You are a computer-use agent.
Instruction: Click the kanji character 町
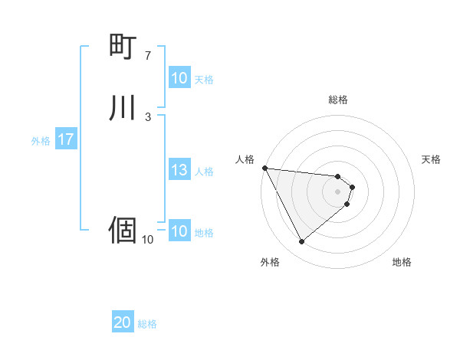[123, 47]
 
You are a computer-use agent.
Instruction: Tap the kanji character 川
[123, 107]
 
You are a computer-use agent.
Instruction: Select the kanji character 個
[123, 229]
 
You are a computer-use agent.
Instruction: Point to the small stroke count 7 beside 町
[148, 56]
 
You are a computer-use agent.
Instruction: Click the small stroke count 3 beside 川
[148, 116]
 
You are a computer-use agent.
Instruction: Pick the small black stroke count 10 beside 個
[147, 239]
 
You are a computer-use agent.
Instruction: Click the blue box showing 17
[65, 140]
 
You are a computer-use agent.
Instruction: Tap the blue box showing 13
[179, 171]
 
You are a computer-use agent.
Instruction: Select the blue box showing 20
[123, 323]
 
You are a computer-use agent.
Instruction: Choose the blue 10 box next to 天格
[179, 79]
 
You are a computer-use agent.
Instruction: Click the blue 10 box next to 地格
[179, 232]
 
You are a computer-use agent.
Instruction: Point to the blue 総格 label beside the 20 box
[147, 324]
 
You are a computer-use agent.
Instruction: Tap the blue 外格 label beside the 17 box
[41, 141]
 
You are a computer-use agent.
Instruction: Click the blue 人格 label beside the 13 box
[205, 172]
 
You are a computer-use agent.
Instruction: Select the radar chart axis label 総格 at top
[338, 100]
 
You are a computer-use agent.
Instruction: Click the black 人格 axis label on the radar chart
[245, 159]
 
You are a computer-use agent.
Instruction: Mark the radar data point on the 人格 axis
[264, 168]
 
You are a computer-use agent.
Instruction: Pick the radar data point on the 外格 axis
[301, 241]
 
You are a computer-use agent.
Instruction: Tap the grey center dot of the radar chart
[338, 191]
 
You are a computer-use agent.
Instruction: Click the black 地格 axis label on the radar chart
[402, 263]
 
